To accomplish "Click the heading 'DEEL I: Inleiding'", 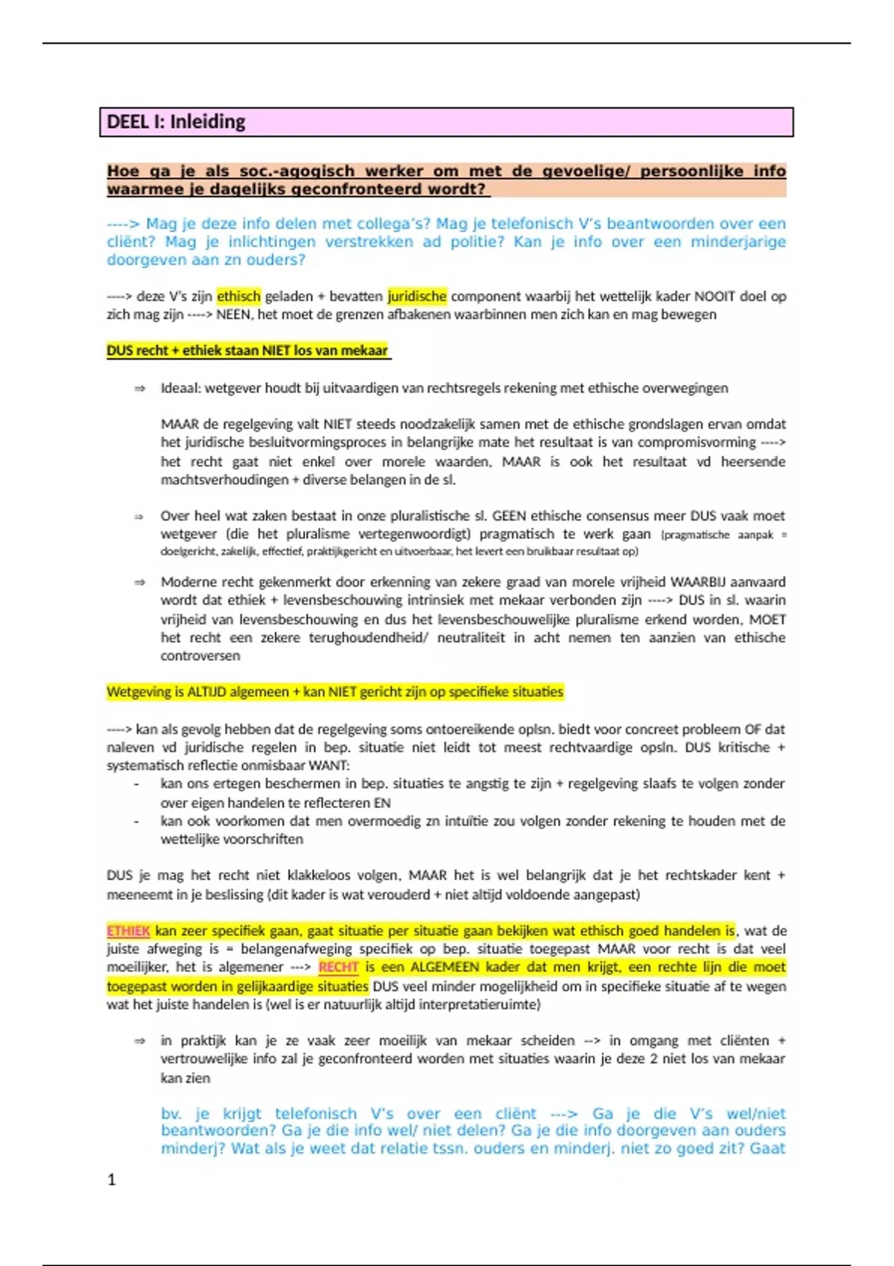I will pyautogui.click(x=176, y=122).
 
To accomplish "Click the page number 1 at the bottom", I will pyautogui.click(x=112, y=1180).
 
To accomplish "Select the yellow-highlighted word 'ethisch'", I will pyautogui.click(x=238, y=296).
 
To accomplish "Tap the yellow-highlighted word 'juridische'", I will pyautogui.click(x=416, y=296).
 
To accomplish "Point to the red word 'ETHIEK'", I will pyautogui.click(x=128, y=931).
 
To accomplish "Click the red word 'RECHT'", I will pyautogui.click(x=338, y=967).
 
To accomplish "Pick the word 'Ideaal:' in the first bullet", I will pyautogui.click(x=180, y=388).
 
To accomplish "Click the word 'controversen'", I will pyautogui.click(x=200, y=656).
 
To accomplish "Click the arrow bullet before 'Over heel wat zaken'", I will pyautogui.click(x=139, y=517).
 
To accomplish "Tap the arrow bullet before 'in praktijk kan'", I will pyautogui.click(x=139, y=1041).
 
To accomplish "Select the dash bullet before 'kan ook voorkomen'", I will pyautogui.click(x=136, y=821).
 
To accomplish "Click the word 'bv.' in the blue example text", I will pyautogui.click(x=171, y=1114).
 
